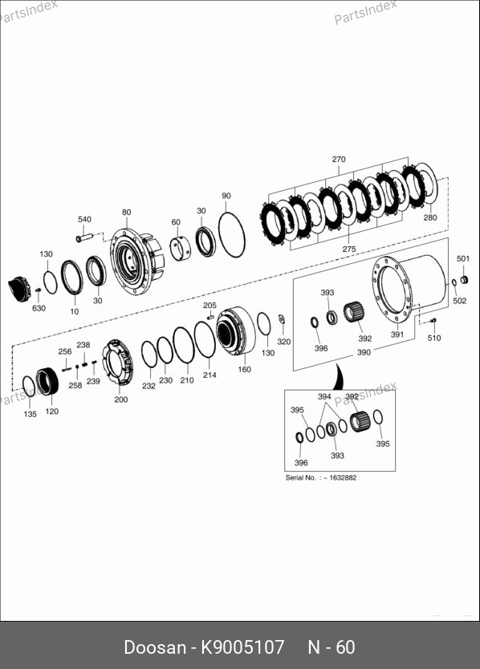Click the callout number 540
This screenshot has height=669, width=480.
pyautogui.click(x=84, y=219)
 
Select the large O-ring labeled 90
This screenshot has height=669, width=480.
pyautogui.click(x=232, y=235)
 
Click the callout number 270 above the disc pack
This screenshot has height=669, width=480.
pyautogui.click(x=339, y=159)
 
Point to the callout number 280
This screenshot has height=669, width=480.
pyautogui.click(x=430, y=217)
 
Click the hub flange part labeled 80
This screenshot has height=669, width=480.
pyautogui.click(x=136, y=262)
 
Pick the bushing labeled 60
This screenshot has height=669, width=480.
pyautogui.click(x=181, y=248)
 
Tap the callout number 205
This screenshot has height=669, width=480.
pyautogui.click(x=209, y=306)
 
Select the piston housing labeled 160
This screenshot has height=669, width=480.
pyautogui.click(x=235, y=331)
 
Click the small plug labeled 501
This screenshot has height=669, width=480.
pyautogui.click(x=464, y=280)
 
